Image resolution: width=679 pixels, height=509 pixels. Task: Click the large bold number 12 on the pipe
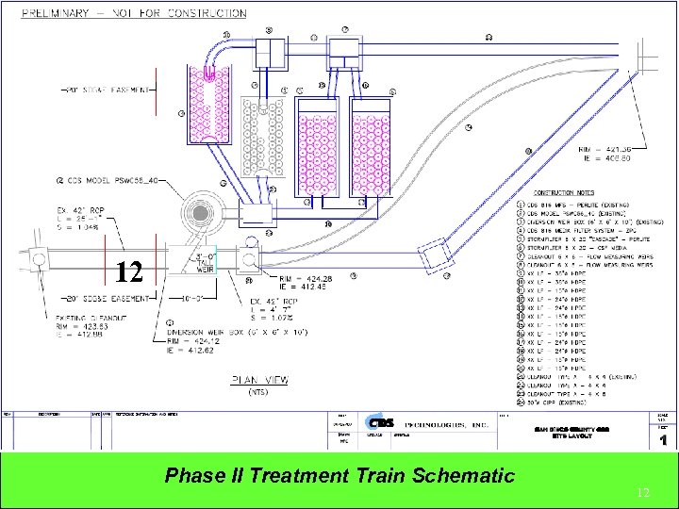point(129,273)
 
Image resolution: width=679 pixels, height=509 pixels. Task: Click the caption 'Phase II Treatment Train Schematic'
point(339,475)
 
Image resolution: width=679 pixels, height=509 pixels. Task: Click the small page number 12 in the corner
point(643,492)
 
